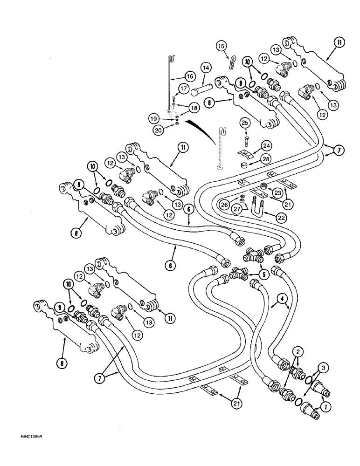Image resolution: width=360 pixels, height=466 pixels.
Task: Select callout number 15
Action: pyautogui.click(x=222, y=46)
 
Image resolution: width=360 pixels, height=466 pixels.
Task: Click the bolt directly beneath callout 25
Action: pyautogui.click(x=248, y=139)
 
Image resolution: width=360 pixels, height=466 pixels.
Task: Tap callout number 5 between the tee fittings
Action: pyautogui.click(x=264, y=274)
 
